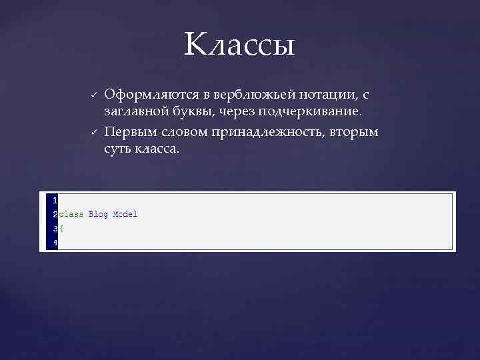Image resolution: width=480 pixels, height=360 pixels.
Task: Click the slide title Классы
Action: click(239, 45)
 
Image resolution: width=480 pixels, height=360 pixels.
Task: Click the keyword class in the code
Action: click(71, 214)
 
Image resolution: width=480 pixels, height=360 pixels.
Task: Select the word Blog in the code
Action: click(98, 214)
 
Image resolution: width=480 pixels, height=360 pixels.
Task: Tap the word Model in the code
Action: click(125, 214)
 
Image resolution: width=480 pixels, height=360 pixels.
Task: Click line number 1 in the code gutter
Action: click(55, 199)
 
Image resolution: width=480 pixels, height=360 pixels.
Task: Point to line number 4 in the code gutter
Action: click(55, 243)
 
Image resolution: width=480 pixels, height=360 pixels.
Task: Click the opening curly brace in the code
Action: click(61, 229)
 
